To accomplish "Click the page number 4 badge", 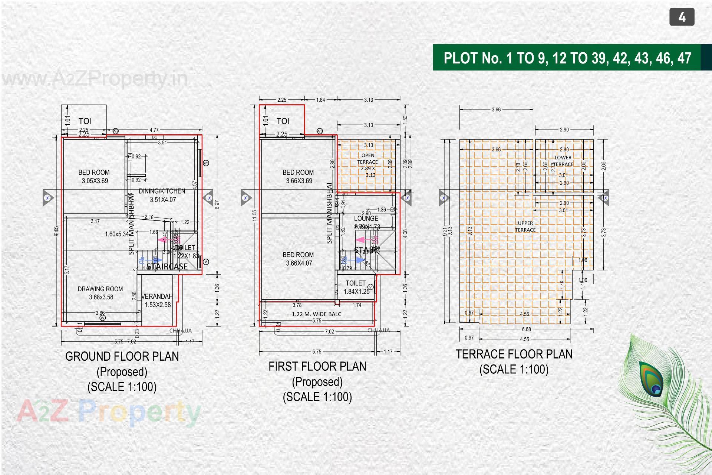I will pyautogui.click(x=682, y=17).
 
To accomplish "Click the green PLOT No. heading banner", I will pyautogui.click(x=567, y=58).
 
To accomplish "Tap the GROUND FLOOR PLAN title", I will pyautogui.click(x=122, y=357).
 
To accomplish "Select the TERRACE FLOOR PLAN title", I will pyautogui.click(x=514, y=354).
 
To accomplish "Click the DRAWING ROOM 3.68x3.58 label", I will pyautogui.click(x=100, y=293).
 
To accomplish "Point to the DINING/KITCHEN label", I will pyautogui.click(x=162, y=191).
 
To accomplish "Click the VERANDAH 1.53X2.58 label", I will pyautogui.click(x=157, y=301).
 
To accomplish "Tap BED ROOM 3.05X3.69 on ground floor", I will pyautogui.click(x=94, y=177).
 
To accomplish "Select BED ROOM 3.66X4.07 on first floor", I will pyautogui.click(x=299, y=259).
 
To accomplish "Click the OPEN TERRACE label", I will pyautogui.click(x=367, y=159).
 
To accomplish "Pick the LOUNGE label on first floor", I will pyautogui.click(x=366, y=219).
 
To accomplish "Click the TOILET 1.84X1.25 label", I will pyautogui.click(x=356, y=287).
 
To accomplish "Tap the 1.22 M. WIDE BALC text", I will pyautogui.click(x=316, y=314).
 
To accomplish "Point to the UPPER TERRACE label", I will pyautogui.click(x=525, y=226).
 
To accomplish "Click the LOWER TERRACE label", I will pyautogui.click(x=563, y=161).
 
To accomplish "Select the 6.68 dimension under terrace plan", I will pyautogui.click(x=526, y=329).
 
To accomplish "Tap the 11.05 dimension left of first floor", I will pyautogui.click(x=254, y=215).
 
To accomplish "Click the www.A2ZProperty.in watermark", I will pyautogui.click(x=95, y=79).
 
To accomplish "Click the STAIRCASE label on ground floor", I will pyautogui.click(x=167, y=266).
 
